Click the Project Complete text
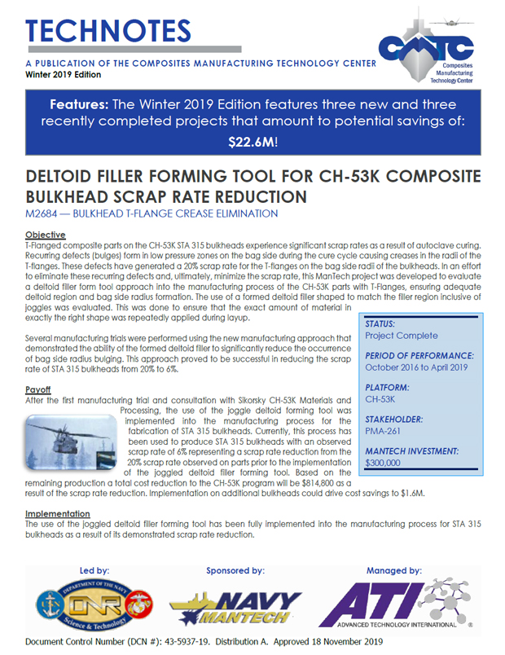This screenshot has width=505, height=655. (402, 335)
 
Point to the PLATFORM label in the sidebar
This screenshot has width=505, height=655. (387, 387)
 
